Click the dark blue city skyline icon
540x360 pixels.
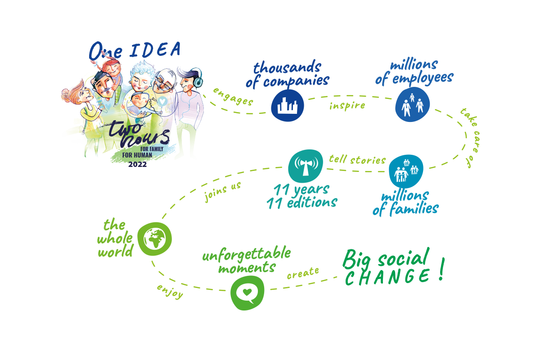tap(287, 105)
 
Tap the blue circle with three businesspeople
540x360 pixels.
tap(412, 104)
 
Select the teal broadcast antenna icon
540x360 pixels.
tap(306, 166)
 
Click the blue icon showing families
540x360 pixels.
tap(406, 171)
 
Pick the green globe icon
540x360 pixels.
tap(154, 238)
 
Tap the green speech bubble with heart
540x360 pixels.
tap(247, 293)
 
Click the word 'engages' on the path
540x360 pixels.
tap(233, 97)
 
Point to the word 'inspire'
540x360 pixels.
tap(347, 106)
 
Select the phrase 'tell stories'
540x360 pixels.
tap(357, 160)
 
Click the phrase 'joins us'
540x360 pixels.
tap(222, 192)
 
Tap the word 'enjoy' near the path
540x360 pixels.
tap(170, 292)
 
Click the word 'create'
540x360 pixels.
tap(303, 273)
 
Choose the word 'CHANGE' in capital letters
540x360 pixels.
tap(387, 277)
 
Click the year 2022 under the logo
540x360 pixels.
tap(137, 164)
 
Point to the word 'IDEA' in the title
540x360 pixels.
tap(155, 49)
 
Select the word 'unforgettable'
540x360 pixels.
tap(247, 254)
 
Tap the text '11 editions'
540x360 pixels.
tap(302, 202)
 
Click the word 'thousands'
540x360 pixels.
tap(287, 67)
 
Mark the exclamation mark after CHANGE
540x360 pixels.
tap(441, 269)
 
